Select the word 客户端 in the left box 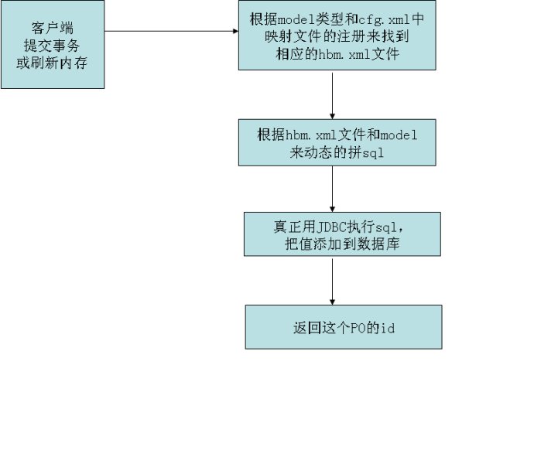[x=52, y=30]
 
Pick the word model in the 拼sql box [x=400, y=135]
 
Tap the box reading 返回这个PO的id [x=344, y=326]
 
